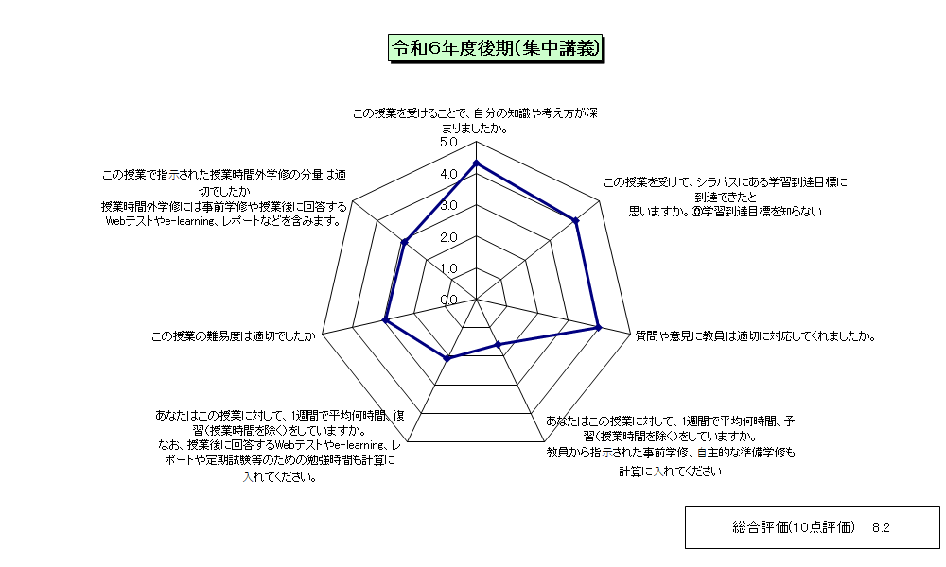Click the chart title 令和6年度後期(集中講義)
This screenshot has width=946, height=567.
pos(496,48)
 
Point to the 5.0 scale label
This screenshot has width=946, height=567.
pos(448,142)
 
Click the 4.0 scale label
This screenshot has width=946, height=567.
pos(448,174)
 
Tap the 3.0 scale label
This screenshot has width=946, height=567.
pos(448,205)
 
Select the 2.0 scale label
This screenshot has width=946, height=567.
pos(448,237)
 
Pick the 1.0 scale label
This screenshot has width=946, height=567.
pos(448,268)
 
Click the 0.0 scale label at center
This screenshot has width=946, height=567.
pos(448,301)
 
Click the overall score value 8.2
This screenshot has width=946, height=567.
pos(881,528)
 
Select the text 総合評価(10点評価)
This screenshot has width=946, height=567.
pos(794,527)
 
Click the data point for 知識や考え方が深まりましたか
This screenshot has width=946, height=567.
pos(476,163)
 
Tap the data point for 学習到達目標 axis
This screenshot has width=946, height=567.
pos(576,220)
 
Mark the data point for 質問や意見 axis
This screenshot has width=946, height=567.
pos(599,327)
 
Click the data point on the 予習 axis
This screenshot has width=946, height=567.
pos(498,345)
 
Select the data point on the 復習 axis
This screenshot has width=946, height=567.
pos(447,358)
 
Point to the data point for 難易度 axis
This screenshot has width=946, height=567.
pos(385,320)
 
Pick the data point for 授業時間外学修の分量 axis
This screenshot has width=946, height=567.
pos(405,242)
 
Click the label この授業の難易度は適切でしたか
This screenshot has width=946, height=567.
pos(234,336)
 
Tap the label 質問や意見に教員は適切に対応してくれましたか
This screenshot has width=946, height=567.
pos(755,336)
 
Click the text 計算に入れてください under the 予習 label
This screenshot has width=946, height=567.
pos(671,472)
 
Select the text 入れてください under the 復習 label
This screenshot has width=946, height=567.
pos(281,477)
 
